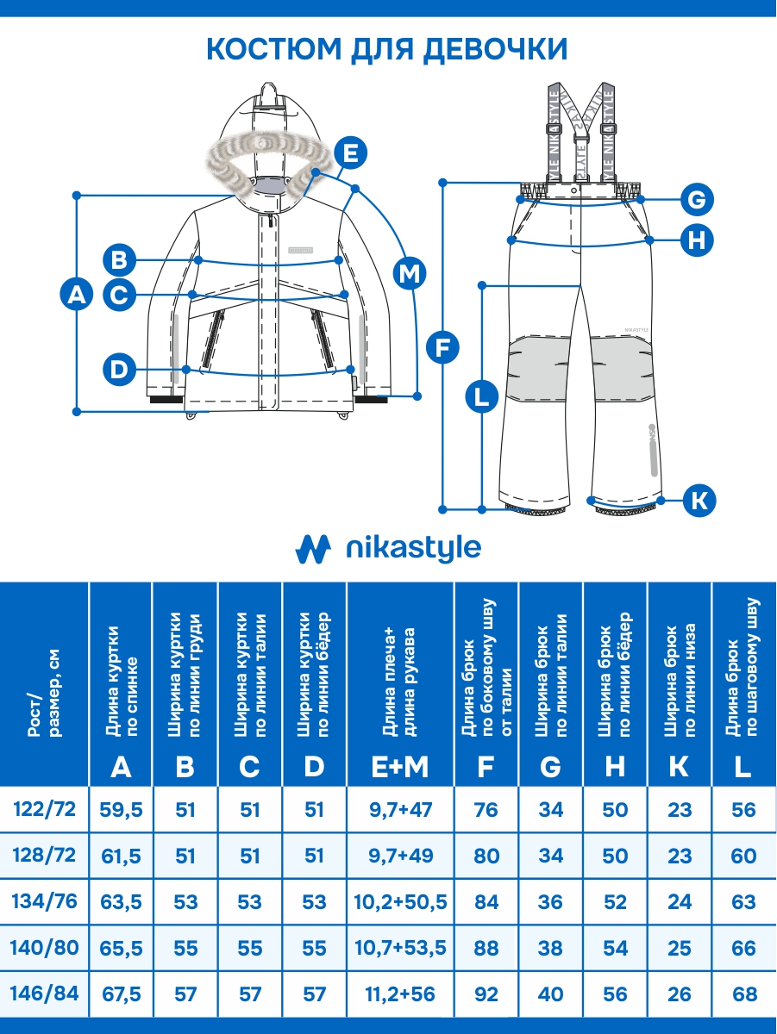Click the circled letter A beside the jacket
(77, 296)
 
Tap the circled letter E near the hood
(350, 153)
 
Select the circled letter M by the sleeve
(410, 274)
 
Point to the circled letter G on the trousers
(696, 201)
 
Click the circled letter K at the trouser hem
(700, 499)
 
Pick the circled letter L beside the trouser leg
(481, 397)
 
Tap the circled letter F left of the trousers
(443, 348)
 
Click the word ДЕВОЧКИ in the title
(495, 49)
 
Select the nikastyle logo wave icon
(314, 547)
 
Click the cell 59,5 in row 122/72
(122, 810)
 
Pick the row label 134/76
(46, 902)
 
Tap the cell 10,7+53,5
(399, 948)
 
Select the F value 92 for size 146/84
(486, 994)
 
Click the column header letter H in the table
(615, 766)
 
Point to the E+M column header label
(399, 766)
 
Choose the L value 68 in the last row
(743, 994)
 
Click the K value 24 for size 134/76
(680, 902)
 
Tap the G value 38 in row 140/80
(550, 948)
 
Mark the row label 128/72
(46, 856)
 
